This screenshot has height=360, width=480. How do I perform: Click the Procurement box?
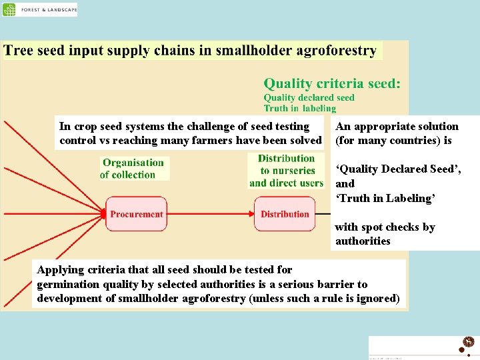[136, 214]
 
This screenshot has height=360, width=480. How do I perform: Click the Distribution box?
[285, 214]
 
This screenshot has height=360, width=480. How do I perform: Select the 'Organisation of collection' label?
[133, 169]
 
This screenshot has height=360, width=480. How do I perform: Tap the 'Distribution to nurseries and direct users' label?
[286, 171]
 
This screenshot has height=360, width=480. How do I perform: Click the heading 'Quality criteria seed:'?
[332, 84]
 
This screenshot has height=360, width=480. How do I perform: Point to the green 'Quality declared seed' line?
[309, 98]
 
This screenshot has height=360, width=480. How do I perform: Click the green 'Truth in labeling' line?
[299, 109]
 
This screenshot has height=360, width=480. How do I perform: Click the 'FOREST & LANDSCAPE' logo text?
[49, 10]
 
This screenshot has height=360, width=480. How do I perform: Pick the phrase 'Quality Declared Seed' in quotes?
[397, 169]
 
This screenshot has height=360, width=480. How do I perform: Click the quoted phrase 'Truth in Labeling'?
[385, 198]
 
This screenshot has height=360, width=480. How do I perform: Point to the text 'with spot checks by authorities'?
[385, 234]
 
